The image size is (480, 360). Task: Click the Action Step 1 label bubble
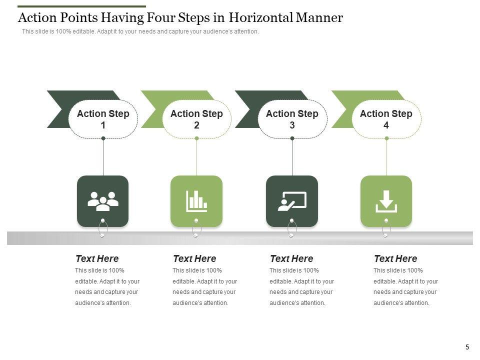click(103, 119)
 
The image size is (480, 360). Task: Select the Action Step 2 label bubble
click(196, 119)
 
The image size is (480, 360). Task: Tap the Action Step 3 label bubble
click(292, 119)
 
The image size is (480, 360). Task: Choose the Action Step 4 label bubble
click(386, 119)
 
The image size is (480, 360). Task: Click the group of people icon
click(103, 201)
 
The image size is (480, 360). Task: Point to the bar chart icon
click(196, 201)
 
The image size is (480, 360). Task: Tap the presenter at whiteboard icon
click(292, 201)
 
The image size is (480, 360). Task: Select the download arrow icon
click(386, 201)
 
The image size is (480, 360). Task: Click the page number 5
click(467, 347)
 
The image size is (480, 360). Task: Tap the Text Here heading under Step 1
click(97, 258)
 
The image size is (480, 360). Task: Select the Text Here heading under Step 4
click(395, 258)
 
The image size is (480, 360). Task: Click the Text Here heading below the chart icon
click(194, 258)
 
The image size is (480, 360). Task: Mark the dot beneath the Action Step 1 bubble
click(103, 138)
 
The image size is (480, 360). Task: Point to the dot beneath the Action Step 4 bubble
click(386, 138)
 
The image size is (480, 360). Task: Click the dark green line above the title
click(81, 6)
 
